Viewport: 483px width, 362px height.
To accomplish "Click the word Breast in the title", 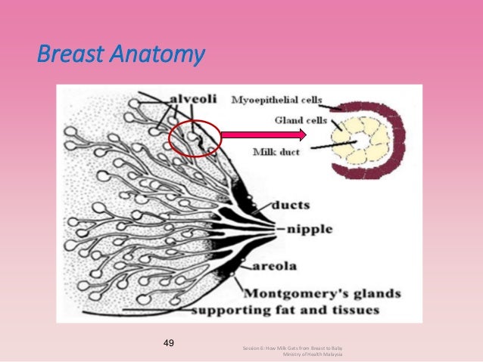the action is (66, 55).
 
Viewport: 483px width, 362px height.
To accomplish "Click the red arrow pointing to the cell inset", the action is (262, 136).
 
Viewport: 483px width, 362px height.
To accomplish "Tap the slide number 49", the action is (169, 343).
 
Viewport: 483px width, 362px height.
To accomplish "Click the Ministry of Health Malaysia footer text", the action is (312, 354).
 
